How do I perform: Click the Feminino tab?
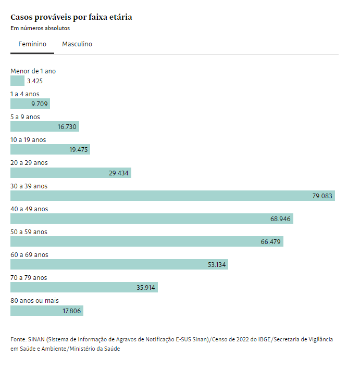(x=32, y=44)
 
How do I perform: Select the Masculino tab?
(x=77, y=44)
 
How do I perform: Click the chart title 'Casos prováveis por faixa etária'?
(x=71, y=17)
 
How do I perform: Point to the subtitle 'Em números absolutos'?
(x=40, y=28)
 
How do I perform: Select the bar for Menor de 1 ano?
(x=17, y=81)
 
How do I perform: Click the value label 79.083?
(x=322, y=196)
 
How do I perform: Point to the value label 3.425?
(x=34, y=81)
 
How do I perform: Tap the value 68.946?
(x=280, y=219)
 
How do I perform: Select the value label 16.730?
(x=67, y=127)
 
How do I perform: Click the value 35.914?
(x=146, y=288)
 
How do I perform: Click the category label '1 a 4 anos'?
(x=24, y=94)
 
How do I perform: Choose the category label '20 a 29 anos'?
(x=29, y=163)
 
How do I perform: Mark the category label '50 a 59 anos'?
(x=29, y=232)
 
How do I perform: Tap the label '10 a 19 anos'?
(x=28, y=140)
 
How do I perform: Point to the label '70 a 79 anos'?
(x=29, y=278)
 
